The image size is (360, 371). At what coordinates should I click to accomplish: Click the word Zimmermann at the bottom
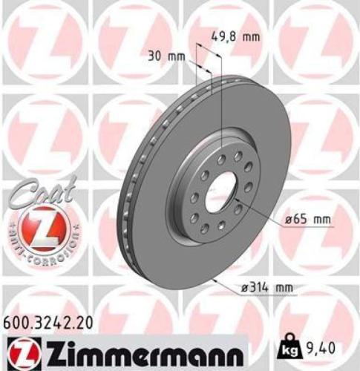tap(141, 349)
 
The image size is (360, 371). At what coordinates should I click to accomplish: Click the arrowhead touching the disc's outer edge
tap(214, 280)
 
